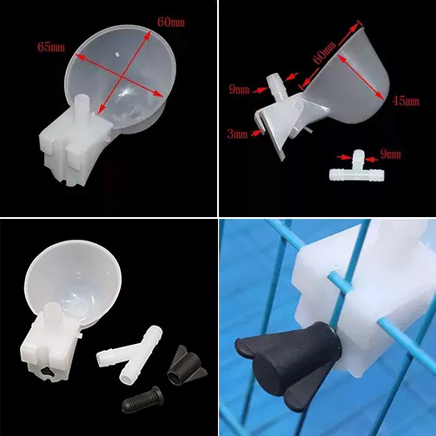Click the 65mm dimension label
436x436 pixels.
pos(51,47)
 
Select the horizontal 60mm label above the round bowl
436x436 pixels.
pos(171,23)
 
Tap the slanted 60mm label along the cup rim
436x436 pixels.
pos(325,52)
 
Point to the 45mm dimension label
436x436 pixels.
pos(406,101)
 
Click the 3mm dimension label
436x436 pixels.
pos(237,135)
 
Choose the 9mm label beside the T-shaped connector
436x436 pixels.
pos(391,155)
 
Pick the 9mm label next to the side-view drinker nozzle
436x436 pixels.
pos(239,89)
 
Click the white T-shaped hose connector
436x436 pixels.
pos(357,168)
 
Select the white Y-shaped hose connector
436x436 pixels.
pos(129,352)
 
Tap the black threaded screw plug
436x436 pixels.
pos(143,400)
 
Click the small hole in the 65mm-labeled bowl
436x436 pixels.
pos(117,54)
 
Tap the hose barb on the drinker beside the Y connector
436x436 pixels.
pos(52,312)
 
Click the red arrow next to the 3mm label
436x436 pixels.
pos(258,133)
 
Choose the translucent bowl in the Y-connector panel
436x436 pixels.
pos(72,278)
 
